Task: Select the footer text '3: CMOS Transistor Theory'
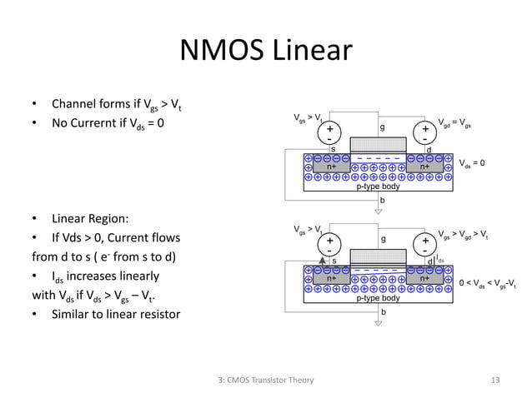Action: click(x=265, y=381)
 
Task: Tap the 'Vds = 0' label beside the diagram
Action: click(x=476, y=162)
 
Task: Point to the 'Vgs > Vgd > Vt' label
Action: click(x=464, y=234)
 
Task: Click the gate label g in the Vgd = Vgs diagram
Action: click(x=381, y=128)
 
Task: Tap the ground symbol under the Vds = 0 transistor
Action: click(x=379, y=211)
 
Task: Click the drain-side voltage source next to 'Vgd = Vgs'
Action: click(x=425, y=133)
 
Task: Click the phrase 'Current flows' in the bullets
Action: click(x=152, y=237)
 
